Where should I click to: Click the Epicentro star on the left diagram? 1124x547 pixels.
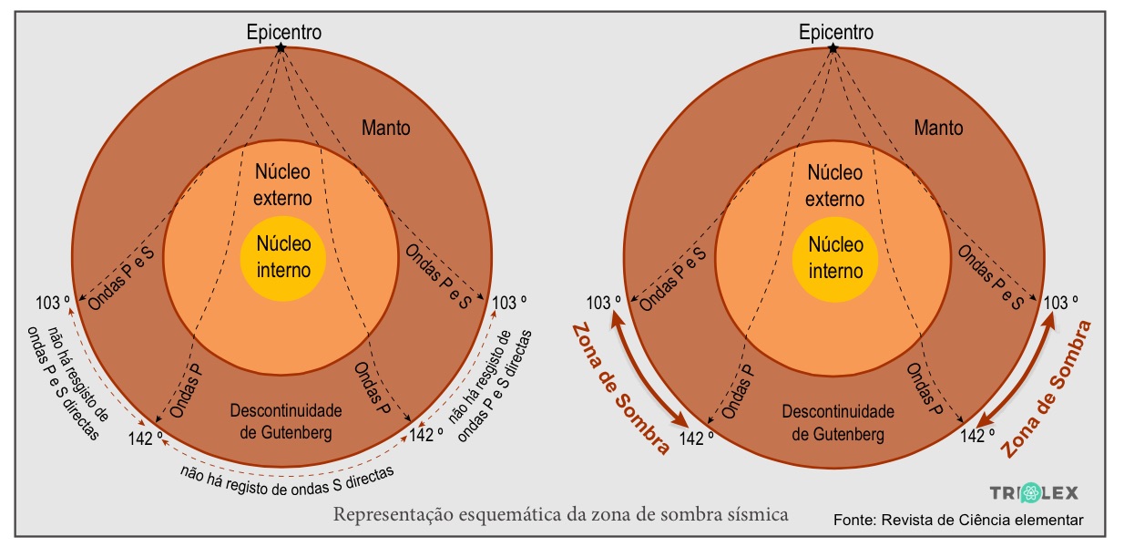[282, 46]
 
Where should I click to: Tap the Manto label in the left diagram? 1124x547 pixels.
[385, 128]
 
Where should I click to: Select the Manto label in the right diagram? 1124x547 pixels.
[937, 128]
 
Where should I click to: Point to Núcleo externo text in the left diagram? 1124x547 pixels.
[283, 185]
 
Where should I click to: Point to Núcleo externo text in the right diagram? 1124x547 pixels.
[835, 185]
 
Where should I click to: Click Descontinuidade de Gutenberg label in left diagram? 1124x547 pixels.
[285, 422]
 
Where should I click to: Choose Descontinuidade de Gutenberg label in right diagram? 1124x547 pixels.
[837, 422]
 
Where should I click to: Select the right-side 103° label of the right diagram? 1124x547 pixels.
[1061, 303]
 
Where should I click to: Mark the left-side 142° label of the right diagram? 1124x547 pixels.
[697, 438]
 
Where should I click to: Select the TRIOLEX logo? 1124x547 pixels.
[1034, 492]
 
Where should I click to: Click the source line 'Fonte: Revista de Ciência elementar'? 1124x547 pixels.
[958, 520]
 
